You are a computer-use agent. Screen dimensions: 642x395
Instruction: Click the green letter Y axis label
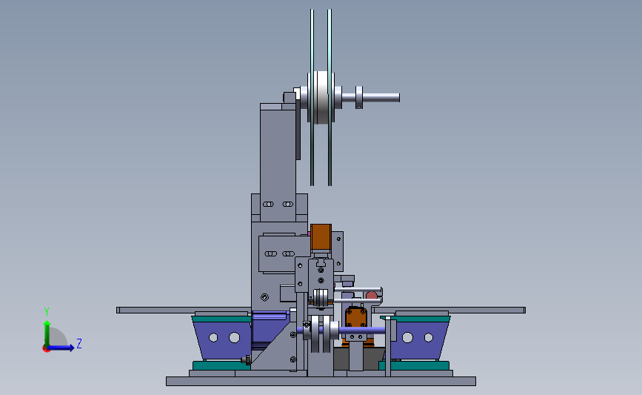coord(47,312)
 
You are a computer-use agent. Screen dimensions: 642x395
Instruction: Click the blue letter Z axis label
coord(79,343)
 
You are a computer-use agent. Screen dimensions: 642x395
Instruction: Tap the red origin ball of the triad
coord(46,349)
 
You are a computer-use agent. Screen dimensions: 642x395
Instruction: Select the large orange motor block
coord(321,237)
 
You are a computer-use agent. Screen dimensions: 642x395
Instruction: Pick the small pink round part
coord(372,295)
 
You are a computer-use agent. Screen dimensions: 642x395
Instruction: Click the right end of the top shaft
coord(399,98)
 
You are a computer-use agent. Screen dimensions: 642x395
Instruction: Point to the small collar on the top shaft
coord(359,98)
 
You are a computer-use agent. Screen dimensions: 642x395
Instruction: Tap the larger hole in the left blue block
coord(234,338)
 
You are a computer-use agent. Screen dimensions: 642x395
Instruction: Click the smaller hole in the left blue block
coord(213,338)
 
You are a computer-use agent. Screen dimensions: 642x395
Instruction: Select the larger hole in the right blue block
coord(407,338)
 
